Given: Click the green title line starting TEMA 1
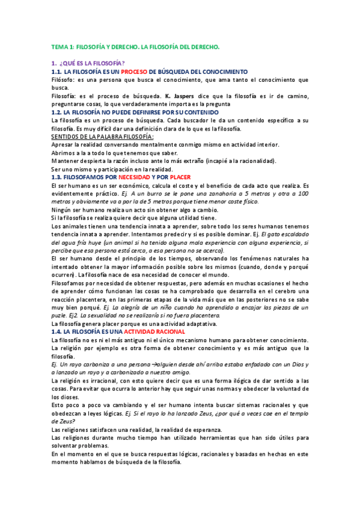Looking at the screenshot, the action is click(x=136, y=46).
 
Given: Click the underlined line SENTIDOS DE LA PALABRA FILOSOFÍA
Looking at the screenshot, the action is click(x=102, y=137).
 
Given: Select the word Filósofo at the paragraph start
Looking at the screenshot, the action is click(x=64, y=79).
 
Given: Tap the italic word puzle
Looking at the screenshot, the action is click(x=59, y=315).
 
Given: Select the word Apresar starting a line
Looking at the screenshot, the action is click(x=64, y=145).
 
